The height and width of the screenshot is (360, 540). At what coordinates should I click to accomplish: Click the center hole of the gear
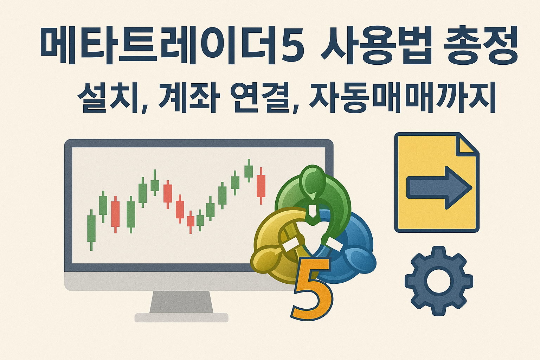click(x=438, y=281)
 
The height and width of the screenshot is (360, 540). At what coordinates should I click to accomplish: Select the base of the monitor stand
click(x=181, y=317)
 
